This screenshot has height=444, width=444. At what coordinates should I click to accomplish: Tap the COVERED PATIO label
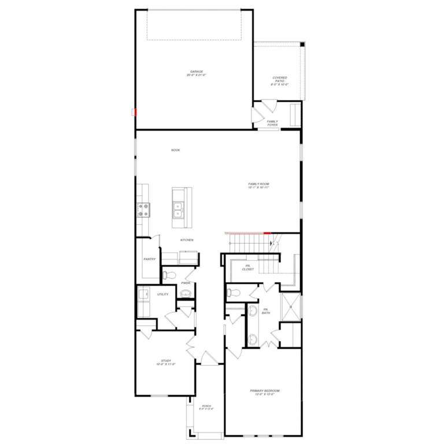280,81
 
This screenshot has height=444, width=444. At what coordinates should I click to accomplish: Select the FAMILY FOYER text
272,123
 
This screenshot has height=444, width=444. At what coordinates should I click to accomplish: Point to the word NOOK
175,150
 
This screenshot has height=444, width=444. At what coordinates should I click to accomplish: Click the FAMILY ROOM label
259,186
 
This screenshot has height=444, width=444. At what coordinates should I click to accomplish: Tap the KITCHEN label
186,240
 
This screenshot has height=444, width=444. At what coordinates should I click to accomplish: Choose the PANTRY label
150,260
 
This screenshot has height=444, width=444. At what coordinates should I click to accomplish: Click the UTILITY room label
163,294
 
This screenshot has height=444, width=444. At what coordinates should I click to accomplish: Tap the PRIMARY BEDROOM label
265,393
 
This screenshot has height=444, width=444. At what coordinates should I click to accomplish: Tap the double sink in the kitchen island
179,209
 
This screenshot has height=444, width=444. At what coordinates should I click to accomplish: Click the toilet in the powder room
166,275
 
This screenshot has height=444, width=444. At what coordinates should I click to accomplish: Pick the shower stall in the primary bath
290,306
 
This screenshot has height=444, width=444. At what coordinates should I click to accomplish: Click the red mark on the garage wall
134,112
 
